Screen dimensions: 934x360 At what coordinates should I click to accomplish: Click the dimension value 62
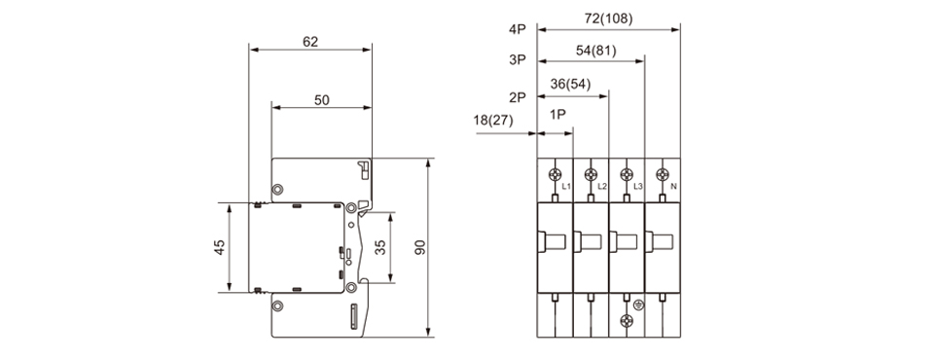click(x=310, y=42)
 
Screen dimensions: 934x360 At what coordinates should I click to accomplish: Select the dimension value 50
click(x=322, y=100)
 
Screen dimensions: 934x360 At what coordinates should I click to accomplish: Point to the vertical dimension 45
click(x=220, y=247)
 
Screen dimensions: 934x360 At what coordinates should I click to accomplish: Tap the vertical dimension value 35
click(x=380, y=246)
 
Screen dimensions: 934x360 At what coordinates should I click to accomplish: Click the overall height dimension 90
click(x=420, y=247)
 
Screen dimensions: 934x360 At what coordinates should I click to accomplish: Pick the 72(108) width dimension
click(x=608, y=19)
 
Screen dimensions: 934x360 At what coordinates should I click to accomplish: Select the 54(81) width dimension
click(x=596, y=51)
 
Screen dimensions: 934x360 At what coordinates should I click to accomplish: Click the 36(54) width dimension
click(x=571, y=84)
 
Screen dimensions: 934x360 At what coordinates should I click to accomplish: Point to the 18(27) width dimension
click(x=493, y=120)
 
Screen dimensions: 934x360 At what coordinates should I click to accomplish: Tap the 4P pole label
click(x=518, y=28)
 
